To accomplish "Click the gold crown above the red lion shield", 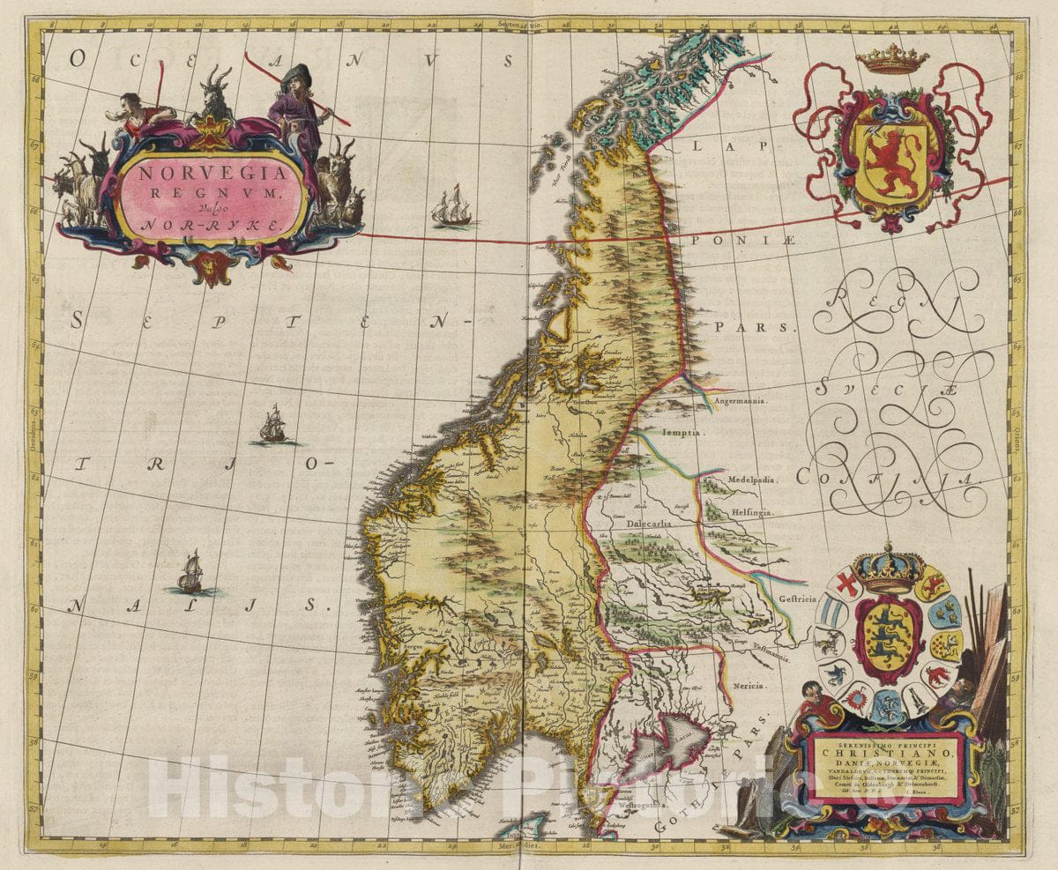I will point(892,60).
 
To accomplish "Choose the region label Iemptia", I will point(693,434).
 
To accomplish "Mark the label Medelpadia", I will point(751,480).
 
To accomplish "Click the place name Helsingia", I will point(750,512).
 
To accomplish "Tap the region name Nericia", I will point(748,685).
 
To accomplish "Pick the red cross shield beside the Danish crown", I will point(847,584).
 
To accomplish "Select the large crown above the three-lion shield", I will point(888,570).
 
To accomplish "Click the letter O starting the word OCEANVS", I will point(78,59).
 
